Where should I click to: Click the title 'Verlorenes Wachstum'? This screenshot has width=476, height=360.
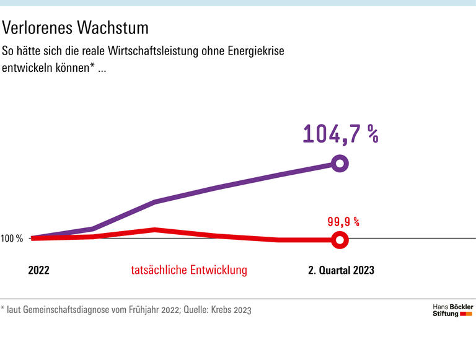76,28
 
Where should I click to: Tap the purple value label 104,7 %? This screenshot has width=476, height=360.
340,134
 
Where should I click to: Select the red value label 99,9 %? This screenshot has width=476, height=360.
343,221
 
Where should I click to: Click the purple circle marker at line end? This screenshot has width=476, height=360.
340,164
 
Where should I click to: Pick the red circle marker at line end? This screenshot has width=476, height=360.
339,240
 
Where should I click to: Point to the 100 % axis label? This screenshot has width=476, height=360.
12,239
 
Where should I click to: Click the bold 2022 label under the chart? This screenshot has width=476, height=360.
38,270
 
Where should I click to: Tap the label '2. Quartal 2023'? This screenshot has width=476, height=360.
341,270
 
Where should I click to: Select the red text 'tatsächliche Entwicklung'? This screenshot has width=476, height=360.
189,270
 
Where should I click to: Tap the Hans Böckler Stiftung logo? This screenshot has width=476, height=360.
452,310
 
